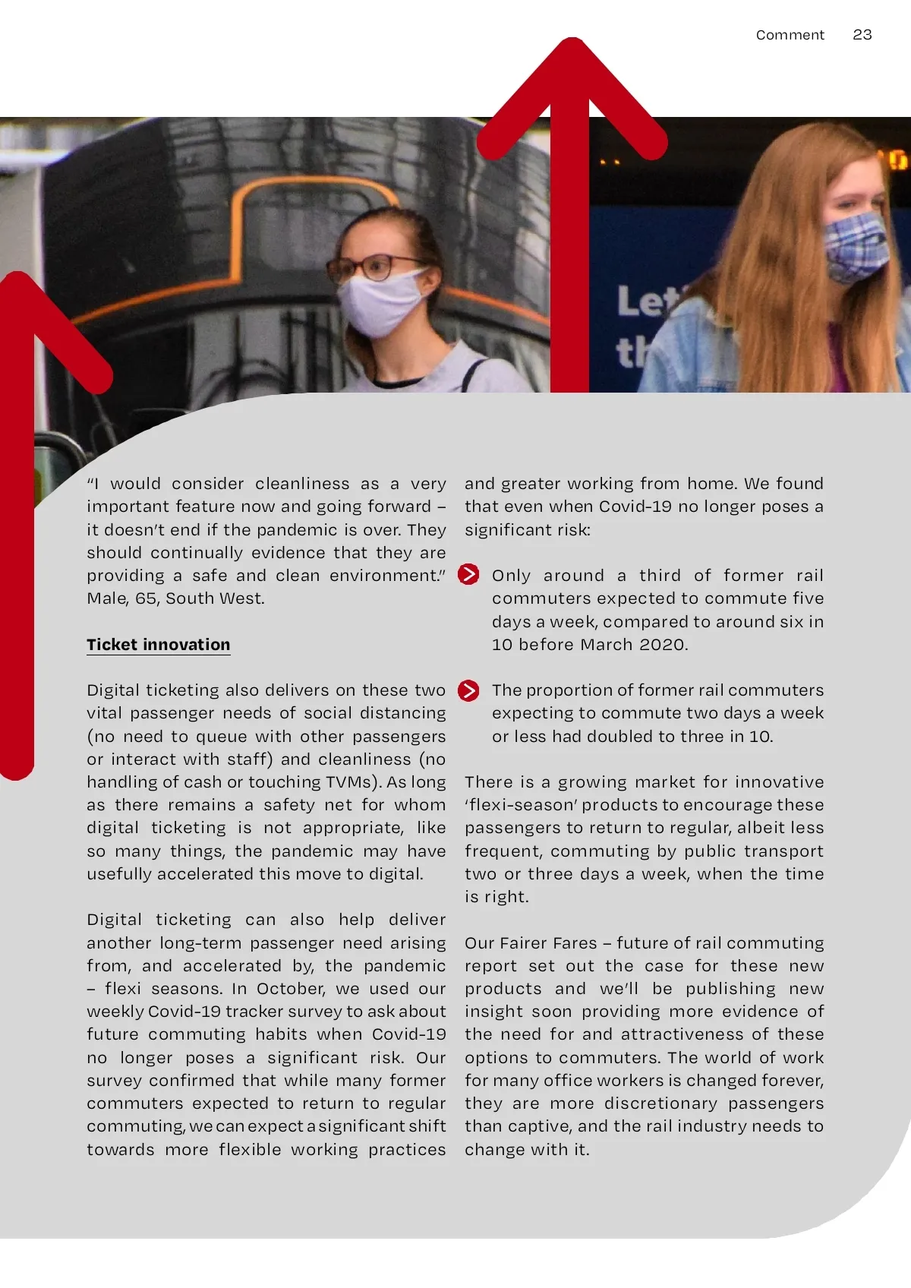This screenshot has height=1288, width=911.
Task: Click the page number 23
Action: pyautogui.click(x=862, y=35)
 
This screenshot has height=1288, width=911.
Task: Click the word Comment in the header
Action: pyautogui.click(x=790, y=35)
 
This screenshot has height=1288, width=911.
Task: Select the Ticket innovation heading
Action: pyautogui.click(x=158, y=645)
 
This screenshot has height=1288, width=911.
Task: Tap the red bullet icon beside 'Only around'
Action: pyautogui.click(x=468, y=575)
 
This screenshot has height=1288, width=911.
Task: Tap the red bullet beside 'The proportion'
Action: pyautogui.click(x=468, y=690)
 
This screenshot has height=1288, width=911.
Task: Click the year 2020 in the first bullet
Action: pyautogui.click(x=662, y=645)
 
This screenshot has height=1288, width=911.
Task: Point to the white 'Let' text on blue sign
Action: pyautogui.click(x=645, y=301)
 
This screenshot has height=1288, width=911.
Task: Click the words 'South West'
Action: pyautogui.click(x=214, y=598)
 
